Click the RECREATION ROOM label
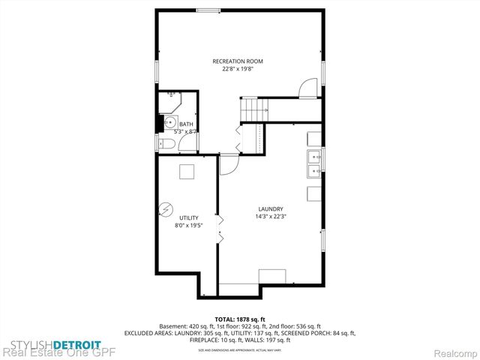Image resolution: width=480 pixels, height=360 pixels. pos(238,61)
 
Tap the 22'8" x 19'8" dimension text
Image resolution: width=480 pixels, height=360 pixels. pos(238,69)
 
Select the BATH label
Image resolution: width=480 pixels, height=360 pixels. pos(185,124)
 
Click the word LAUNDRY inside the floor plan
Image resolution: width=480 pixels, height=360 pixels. pos(270,209)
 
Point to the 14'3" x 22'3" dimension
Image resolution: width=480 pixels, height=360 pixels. pos(270,217)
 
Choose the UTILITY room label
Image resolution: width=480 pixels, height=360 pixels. pos(188,217)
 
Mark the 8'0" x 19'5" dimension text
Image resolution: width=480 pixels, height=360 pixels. pos(188,225)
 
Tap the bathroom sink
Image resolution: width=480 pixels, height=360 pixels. pos(171,123)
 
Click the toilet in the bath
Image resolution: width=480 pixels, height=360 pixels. pos(169,144)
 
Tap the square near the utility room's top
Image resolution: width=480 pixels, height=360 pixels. pos(186,172)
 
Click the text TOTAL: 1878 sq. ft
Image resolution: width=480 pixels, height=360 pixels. pos(239,319)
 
